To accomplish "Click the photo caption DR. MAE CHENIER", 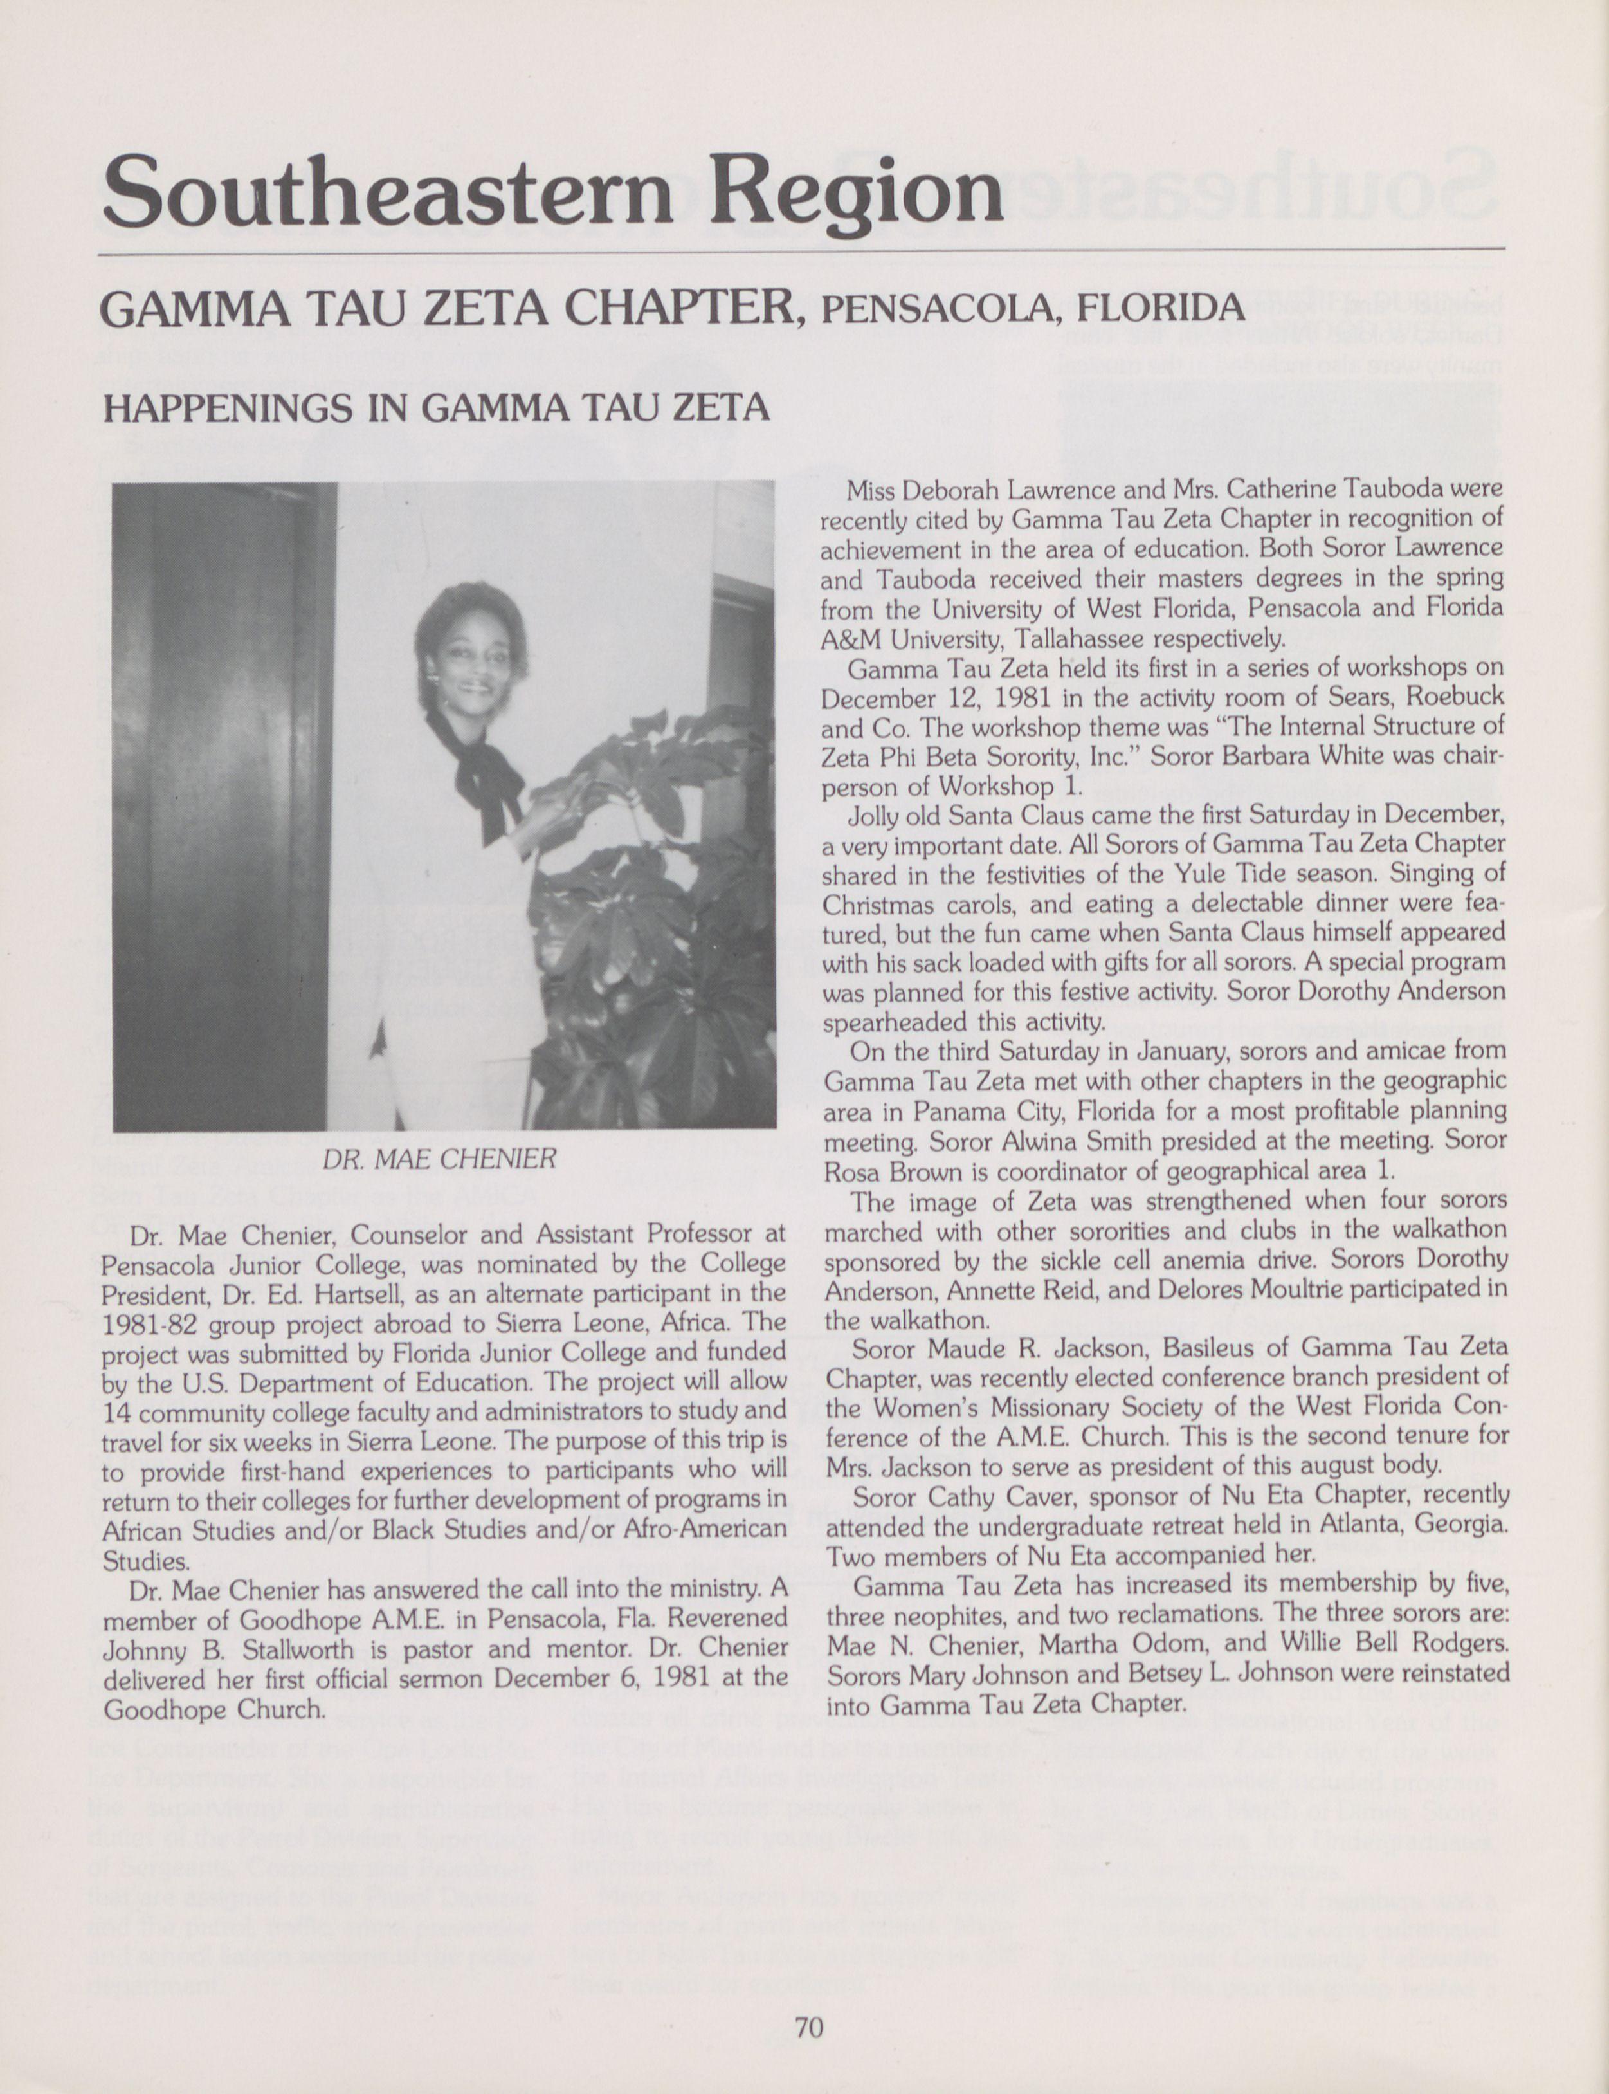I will [439, 1159].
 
